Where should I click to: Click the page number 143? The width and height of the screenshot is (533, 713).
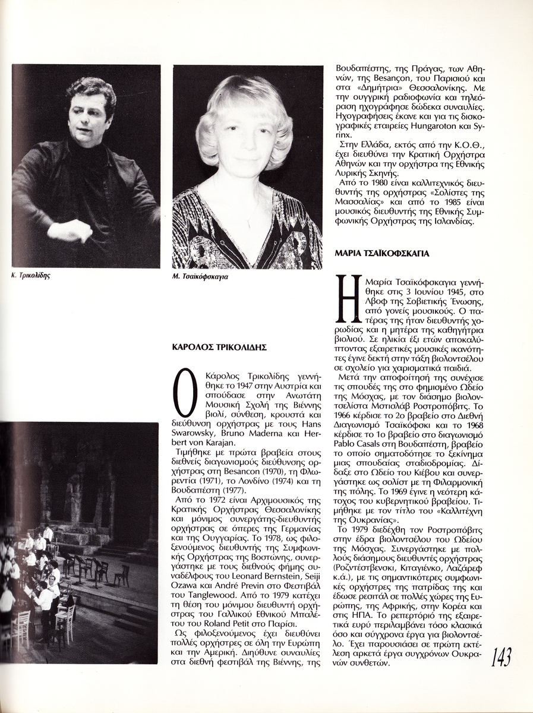click(501, 657)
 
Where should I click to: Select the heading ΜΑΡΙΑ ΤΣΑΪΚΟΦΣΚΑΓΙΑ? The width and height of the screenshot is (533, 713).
click(382, 253)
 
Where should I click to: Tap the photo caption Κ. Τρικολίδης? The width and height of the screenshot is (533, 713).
click(30, 276)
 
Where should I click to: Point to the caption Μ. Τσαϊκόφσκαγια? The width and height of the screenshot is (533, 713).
click(201, 277)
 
